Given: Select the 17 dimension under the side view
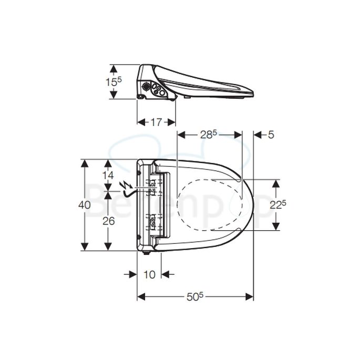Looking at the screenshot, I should pyautogui.click(x=156, y=122).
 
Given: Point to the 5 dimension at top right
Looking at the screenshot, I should pyautogui.click(x=271, y=135).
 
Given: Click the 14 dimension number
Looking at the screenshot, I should pyautogui.click(x=108, y=174).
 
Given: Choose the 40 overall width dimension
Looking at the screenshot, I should pyautogui.click(x=84, y=205).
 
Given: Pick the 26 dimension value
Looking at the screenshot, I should pyautogui.click(x=108, y=221).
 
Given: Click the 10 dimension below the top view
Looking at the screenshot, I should pyautogui.click(x=149, y=274).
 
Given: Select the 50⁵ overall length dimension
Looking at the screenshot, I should pyautogui.click(x=194, y=296).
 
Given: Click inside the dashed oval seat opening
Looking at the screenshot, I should pyautogui.click(x=210, y=205).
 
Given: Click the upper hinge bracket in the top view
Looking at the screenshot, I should pyautogui.click(x=151, y=187).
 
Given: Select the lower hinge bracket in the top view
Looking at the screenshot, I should pyautogui.click(x=151, y=222).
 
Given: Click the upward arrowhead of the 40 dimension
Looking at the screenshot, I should pyautogui.click(x=84, y=163).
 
